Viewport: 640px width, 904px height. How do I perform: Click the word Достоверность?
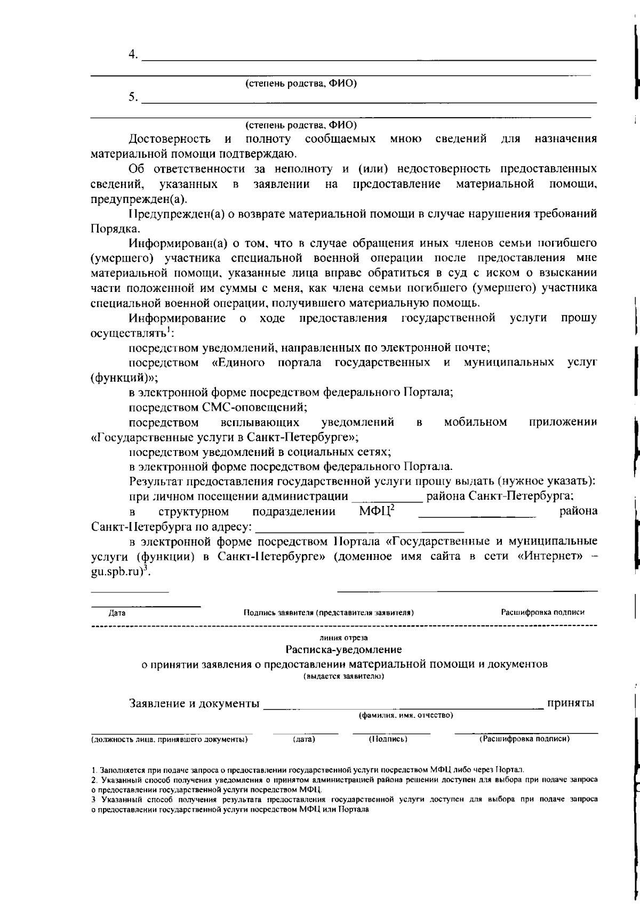coord(170,140)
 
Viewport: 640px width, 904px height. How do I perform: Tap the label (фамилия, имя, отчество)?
coord(405,715)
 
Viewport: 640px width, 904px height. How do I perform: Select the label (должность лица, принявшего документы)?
coord(169,739)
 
